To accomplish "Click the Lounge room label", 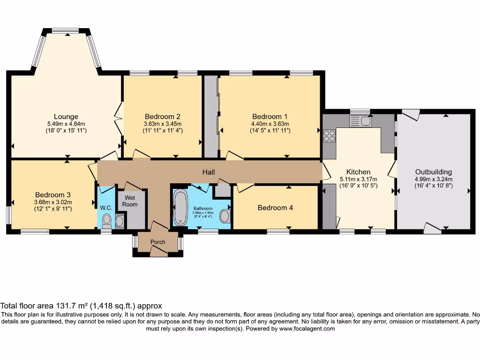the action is tap(66, 117).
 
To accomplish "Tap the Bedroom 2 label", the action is tap(163, 117).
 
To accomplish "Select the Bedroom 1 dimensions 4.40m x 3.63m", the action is tap(270, 124).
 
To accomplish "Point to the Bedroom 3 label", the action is tap(52, 195).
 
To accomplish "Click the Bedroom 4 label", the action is tap(275, 208).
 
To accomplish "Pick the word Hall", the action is tap(209, 172).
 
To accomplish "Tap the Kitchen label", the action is tap(358, 172).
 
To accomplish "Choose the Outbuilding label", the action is tap(434, 172).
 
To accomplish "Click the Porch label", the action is tap(157, 242).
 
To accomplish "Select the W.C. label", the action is tap(106, 208).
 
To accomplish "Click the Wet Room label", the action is tap(130, 201).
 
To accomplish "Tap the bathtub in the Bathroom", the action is tap(180, 208).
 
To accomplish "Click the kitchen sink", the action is tap(360, 121).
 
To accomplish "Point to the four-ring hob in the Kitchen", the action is tap(330, 136).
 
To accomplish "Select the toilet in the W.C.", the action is tap(106, 221).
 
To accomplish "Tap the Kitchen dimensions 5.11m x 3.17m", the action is tap(358, 180).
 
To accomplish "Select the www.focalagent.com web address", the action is tap(307, 329).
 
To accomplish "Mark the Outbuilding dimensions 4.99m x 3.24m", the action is tap(434, 180).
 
